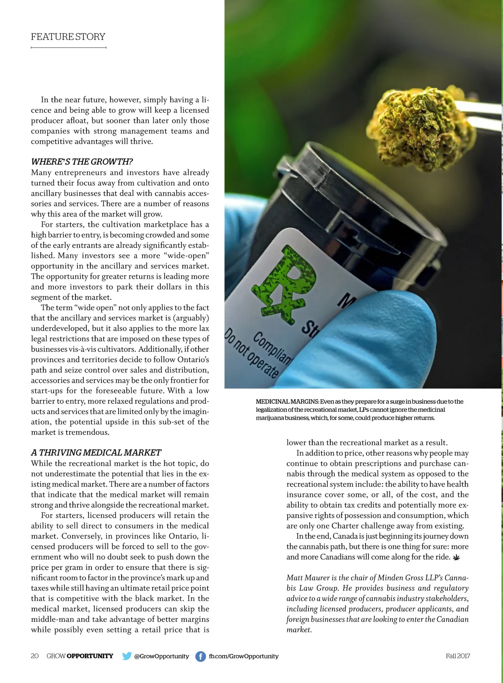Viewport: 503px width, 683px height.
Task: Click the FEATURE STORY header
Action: tap(68, 37)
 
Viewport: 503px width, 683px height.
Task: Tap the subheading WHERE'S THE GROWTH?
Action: tap(82, 162)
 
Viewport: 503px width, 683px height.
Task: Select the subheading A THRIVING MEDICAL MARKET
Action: tap(96, 453)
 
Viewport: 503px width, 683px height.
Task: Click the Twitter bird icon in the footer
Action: tap(127, 656)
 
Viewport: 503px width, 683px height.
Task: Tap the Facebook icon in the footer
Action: tap(200, 656)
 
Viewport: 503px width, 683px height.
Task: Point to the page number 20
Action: tap(35, 656)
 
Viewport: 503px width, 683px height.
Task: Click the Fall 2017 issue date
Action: tap(458, 656)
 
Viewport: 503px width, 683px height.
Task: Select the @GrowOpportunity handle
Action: tap(161, 656)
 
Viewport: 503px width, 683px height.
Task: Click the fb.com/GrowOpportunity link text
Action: tap(244, 656)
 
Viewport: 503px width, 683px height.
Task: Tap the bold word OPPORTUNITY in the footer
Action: tap(90, 656)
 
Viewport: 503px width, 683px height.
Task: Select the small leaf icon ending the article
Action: tap(456, 557)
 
